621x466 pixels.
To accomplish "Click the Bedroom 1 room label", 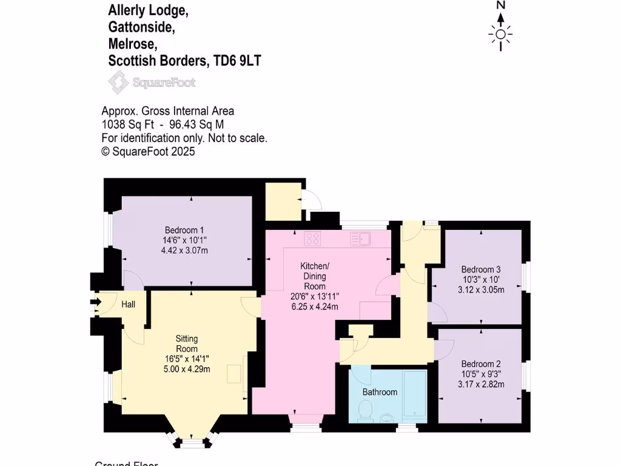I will tap(184, 230).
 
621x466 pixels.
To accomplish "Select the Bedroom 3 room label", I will tap(481, 269).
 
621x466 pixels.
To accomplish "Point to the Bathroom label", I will tap(380, 392).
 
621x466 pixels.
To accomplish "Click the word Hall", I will tap(128, 304).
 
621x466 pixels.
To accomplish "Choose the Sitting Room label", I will tap(187, 343).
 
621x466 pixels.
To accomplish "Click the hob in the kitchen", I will tap(312, 239).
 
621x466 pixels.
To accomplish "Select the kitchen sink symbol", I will tap(360, 239).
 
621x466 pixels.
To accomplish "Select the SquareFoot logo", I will tap(152, 82).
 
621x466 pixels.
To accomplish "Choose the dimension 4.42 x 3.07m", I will tap(184, 250).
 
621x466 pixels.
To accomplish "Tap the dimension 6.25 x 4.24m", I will tap(315, 306).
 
